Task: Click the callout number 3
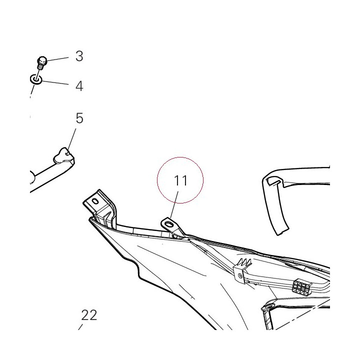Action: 79,56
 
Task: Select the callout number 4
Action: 79,86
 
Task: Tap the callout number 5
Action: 79,118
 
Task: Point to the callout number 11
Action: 180,180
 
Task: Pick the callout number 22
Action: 89,315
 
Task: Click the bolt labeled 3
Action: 42,62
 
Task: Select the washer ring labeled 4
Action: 36,79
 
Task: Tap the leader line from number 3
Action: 58,59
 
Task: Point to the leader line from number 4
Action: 55,82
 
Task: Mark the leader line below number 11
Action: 174,205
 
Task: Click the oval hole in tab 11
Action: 169,223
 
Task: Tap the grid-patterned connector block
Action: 301,287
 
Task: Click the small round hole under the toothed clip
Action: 240,275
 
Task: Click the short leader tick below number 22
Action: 80,327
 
